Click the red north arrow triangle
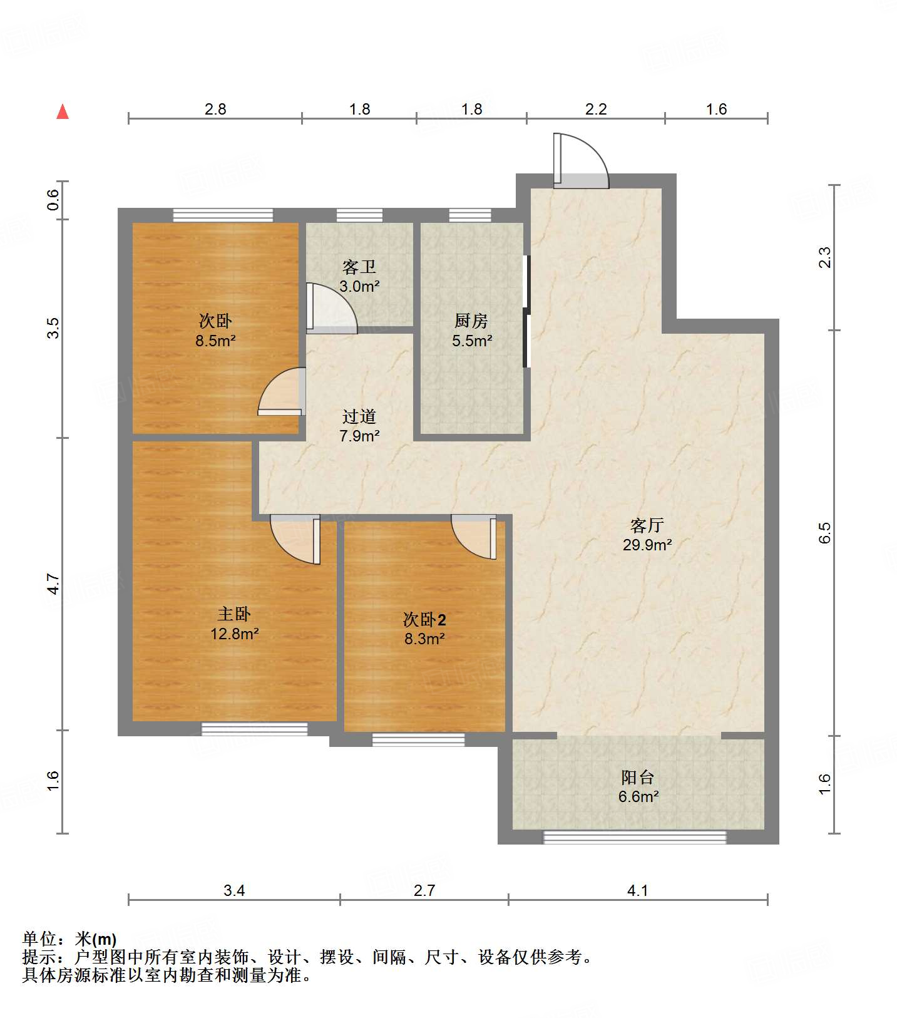click(x=63, y=111)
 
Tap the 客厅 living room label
click(x=647, y=525)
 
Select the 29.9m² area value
click(x=647, y=545)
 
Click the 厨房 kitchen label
click(x=471, y=321)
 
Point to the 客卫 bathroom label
click(x=359, y=267)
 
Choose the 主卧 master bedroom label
click(x=234, y=614)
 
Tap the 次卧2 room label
click(x=424, y=620)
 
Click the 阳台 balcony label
click(x=638, y=778)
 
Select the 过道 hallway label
click(x=359, y=416)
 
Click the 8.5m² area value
click(x=215, y=341)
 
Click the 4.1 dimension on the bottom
click(x=637, y=890)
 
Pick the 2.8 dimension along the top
click(x=215, y=109)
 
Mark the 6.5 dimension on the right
click(x=824, y=533)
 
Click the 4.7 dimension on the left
click(x=54, y=584)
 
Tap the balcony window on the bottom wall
click(x=635, y=837)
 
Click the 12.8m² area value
click(x=235, y=634)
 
